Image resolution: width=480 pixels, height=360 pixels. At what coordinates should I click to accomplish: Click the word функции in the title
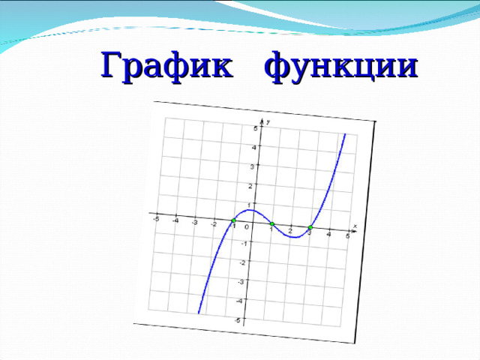coord(341,66)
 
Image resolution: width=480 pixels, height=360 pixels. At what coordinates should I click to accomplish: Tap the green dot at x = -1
coord(233,220)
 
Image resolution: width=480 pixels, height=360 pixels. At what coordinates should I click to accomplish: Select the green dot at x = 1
coord(271,224)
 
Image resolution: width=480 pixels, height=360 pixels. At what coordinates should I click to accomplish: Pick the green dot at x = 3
coord(310,228)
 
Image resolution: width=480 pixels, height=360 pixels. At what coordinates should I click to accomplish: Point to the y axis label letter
coord(268,121)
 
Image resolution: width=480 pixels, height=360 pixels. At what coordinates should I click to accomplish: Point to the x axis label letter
coord(355,226)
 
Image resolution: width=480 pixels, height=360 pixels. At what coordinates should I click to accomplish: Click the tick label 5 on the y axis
coord(255,129)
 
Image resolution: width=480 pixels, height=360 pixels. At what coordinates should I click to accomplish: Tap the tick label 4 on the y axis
coord(253,148)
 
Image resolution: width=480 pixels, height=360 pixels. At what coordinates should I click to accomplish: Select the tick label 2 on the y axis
coord(250,186)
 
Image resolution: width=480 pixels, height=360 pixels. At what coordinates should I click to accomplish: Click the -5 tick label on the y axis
coord(238,320)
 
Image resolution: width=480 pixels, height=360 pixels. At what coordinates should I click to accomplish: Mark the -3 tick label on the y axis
coord(241,282)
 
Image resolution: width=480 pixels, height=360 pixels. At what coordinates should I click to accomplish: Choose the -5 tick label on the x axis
coord(156,219)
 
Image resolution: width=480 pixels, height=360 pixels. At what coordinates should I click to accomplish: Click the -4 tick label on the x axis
coord(175,220)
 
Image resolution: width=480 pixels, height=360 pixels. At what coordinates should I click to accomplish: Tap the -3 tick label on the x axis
coord(194,223)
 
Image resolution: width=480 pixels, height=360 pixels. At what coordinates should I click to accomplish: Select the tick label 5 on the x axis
coord(347,236)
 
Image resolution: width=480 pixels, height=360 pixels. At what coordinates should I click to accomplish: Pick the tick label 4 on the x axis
coord(328,234)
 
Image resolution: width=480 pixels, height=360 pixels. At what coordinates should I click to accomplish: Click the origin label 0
coord(246,227)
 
